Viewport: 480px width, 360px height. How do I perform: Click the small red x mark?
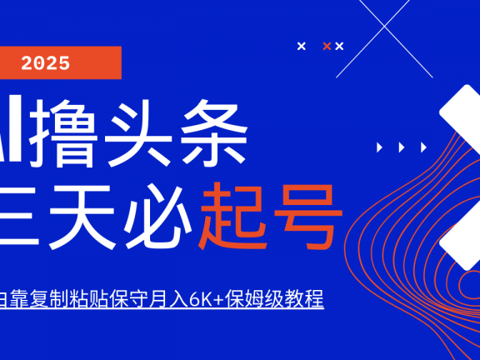click(x=327, y=46)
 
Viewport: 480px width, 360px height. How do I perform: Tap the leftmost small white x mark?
click(x=302, y=46)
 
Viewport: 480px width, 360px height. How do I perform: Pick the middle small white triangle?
click(x=402, y=147)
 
